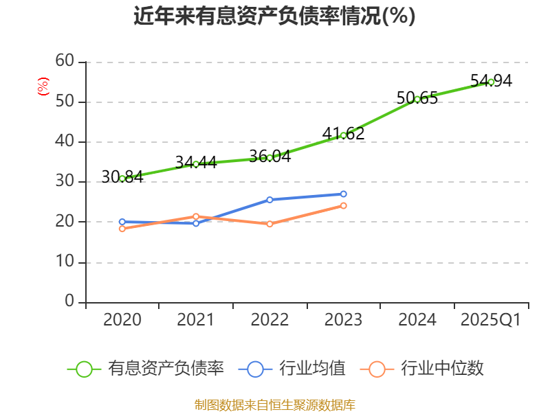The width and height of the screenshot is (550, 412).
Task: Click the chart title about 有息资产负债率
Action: tap(274, 16)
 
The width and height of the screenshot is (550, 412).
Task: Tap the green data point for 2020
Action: tap(122, 179)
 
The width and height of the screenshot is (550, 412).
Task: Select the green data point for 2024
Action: tap(417, 99)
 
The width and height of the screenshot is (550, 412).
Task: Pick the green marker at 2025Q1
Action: tap(491, 82)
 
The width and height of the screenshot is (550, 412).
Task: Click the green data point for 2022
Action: tap(269, 157)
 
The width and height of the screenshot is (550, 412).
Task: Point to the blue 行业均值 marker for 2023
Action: tap(343, 194)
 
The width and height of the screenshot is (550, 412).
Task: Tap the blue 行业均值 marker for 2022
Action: tap(269, 200)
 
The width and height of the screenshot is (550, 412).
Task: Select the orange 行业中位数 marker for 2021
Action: tap(196, 216)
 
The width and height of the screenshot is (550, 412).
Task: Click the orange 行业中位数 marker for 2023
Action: tap(343, 205)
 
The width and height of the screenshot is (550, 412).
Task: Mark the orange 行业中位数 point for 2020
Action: tap(122, 229)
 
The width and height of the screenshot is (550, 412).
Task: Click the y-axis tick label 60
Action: tap(65, 62)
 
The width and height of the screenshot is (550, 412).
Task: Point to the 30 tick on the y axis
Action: tap(65, 182)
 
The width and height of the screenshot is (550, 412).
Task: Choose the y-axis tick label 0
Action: tap(69, 302)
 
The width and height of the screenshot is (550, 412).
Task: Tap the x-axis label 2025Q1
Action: tap(491, 320)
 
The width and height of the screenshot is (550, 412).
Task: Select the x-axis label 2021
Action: tap(196, 320)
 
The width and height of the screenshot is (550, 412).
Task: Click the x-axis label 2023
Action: tap(343, 320)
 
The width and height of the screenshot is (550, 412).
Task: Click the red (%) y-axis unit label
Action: tap(43, 87)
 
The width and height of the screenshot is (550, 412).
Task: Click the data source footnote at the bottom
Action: tap(274, 404)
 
